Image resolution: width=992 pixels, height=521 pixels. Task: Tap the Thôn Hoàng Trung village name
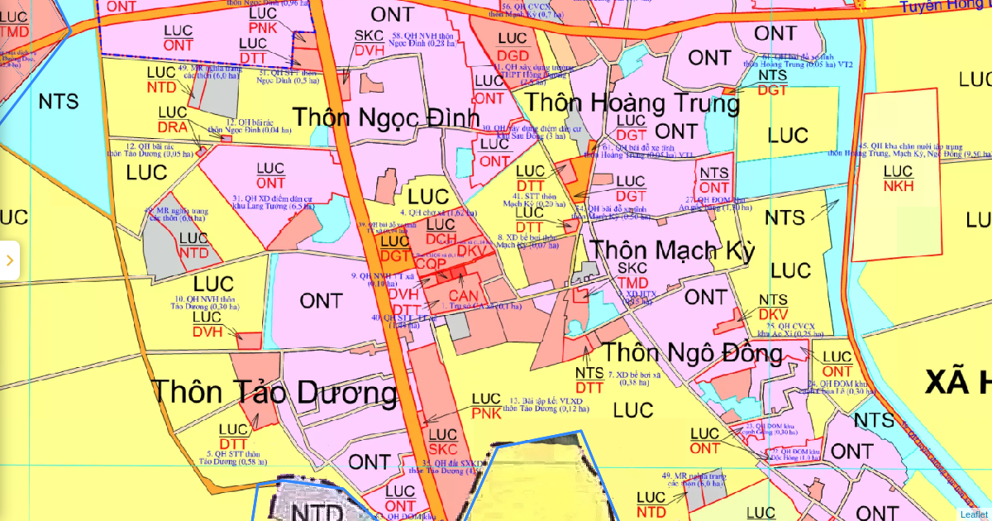coord(632,104)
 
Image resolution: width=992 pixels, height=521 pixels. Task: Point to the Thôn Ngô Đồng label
coord(691,354)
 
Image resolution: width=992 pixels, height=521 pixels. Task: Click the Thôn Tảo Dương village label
coord(274,392)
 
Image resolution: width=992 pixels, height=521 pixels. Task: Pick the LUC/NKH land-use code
coord(899,179)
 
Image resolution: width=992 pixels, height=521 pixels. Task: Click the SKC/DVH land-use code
coord(369,43)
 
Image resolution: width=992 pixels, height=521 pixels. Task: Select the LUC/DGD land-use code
coord(513,47)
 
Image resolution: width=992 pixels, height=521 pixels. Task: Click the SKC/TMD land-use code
coord(632,276)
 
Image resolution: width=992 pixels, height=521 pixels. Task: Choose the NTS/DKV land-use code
coord(773,307)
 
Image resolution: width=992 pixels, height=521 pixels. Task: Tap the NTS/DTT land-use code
coord(589,380)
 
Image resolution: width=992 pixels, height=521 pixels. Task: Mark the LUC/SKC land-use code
coord(443,442)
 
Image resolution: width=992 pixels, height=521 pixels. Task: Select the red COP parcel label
coord(431,265)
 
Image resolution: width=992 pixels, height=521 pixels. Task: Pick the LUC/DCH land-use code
coord(441,232)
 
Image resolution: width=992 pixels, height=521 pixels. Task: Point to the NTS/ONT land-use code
coord(714,180)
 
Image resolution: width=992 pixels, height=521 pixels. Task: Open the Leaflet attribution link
coord(973,514)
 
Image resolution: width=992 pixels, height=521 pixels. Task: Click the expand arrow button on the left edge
coord(9,260)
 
